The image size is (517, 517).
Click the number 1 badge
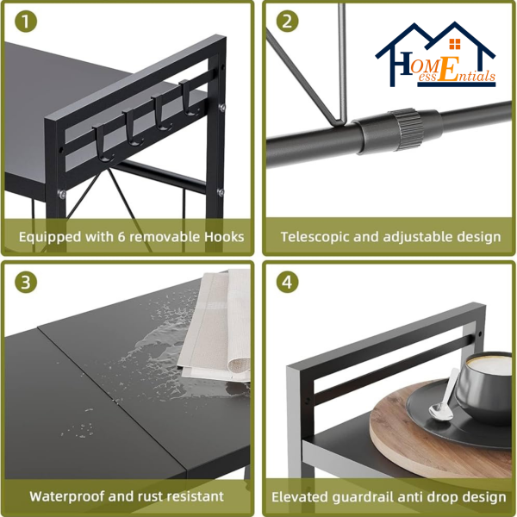pyautogui.click(x=26, y=22)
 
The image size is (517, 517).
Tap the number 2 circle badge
pyautogui.click(x=287, y=21)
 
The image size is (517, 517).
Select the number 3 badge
pyautogui.click(x=26, y=283)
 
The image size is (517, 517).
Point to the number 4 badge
pyautogui.click(x=287, y=283)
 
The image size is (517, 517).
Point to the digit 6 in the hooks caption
pyautogui.click(x=121, y=237)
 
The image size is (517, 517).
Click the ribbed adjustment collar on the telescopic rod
pyautogui.click(x=407, y=129)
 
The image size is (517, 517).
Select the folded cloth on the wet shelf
pyautogui.click(x=215, y=325)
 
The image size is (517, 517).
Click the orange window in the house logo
pyautogui.click(x=455, y=44)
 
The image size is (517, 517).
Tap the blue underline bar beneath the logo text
pyautogui.click(x=457, y=84)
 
